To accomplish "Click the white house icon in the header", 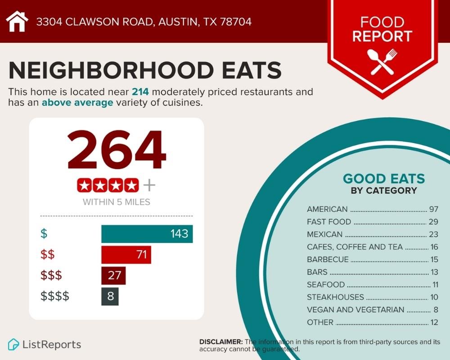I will (x=17, y=21).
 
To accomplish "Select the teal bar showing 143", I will (x=147, y=234).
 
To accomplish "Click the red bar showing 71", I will (x=126, y=255).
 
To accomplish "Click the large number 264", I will (x=117, y=150).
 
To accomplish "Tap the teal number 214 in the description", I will (x=140, y=92).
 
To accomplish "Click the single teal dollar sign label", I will (x=44, y=234).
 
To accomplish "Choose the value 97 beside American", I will (x=434, y=209).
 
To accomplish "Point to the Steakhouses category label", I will (x=335, y=297).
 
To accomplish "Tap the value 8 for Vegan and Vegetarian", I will (x=436, y=310).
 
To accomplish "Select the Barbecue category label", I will (x=328, y=260).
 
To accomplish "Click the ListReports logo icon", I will (x=13, y=345).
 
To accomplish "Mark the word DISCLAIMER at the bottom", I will (x=220, y=342).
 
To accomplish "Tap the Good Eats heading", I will (x=384, y=179).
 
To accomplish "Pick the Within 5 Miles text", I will (x=117, y=202).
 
